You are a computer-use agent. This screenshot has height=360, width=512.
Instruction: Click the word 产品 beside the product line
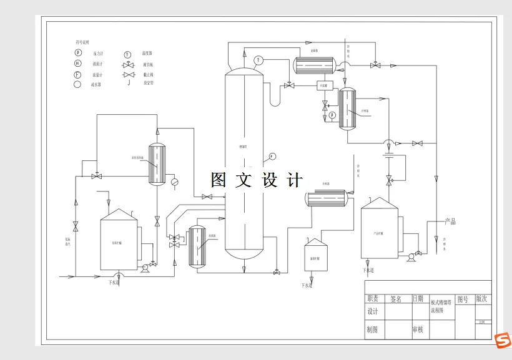pyautogui.click(x=450, y=221)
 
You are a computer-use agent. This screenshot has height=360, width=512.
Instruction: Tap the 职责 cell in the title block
pyautogui.click(x=373, y=299)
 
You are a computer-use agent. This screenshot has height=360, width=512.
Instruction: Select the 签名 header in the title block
pyautogui.click(x=396, y=299)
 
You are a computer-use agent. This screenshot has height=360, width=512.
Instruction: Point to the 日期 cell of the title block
pyautogui.click(x=418, y=299)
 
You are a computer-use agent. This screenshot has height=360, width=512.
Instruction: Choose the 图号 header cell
pyautogui.click(x=463, y=299)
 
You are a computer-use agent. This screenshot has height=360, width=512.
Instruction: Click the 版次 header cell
pyautogui.click(x=481, y=299)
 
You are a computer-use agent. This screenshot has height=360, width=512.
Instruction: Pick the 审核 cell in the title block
pyautogui.click(x=417, y=329)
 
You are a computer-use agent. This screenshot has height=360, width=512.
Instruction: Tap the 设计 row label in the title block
pyautogui.click(x=373, y=311)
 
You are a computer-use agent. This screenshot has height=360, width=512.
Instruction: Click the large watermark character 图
pyautogui.click(x=219, y=180)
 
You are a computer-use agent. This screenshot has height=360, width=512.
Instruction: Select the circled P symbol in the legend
pyautogui.click(x=78, y=53)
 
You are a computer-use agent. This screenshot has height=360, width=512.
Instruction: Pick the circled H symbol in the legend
pyautogui.click(x=77, y=64)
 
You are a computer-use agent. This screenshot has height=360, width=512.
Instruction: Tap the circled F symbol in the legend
pyautogui.click(x=77, y=75)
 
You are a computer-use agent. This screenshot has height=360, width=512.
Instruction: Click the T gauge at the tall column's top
pyautogui.click(x=258, y=60)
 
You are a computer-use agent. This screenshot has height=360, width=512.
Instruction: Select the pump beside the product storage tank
pyautogui.click(x=411, y=255)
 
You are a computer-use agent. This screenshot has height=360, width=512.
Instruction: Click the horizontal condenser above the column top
pyautogui.click(x=315, y=64)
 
